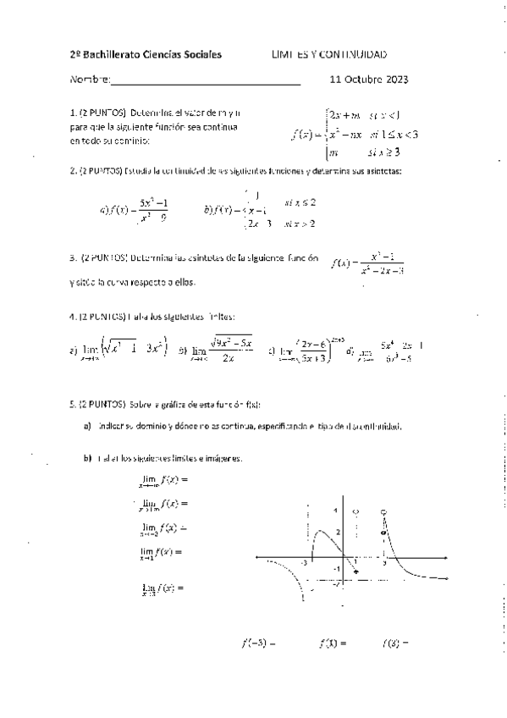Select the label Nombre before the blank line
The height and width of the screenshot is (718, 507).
tap(89, 81)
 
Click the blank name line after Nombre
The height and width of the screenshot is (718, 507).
tap(206, 82)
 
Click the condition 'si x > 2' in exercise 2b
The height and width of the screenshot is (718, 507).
tap(300, 224)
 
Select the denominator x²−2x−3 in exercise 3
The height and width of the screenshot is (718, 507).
tap(382, 271)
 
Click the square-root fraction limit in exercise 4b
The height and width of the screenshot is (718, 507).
tap(231, 349)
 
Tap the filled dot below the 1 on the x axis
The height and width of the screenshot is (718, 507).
tap(355, 573)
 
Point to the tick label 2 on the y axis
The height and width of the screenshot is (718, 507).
tap(336, 532)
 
